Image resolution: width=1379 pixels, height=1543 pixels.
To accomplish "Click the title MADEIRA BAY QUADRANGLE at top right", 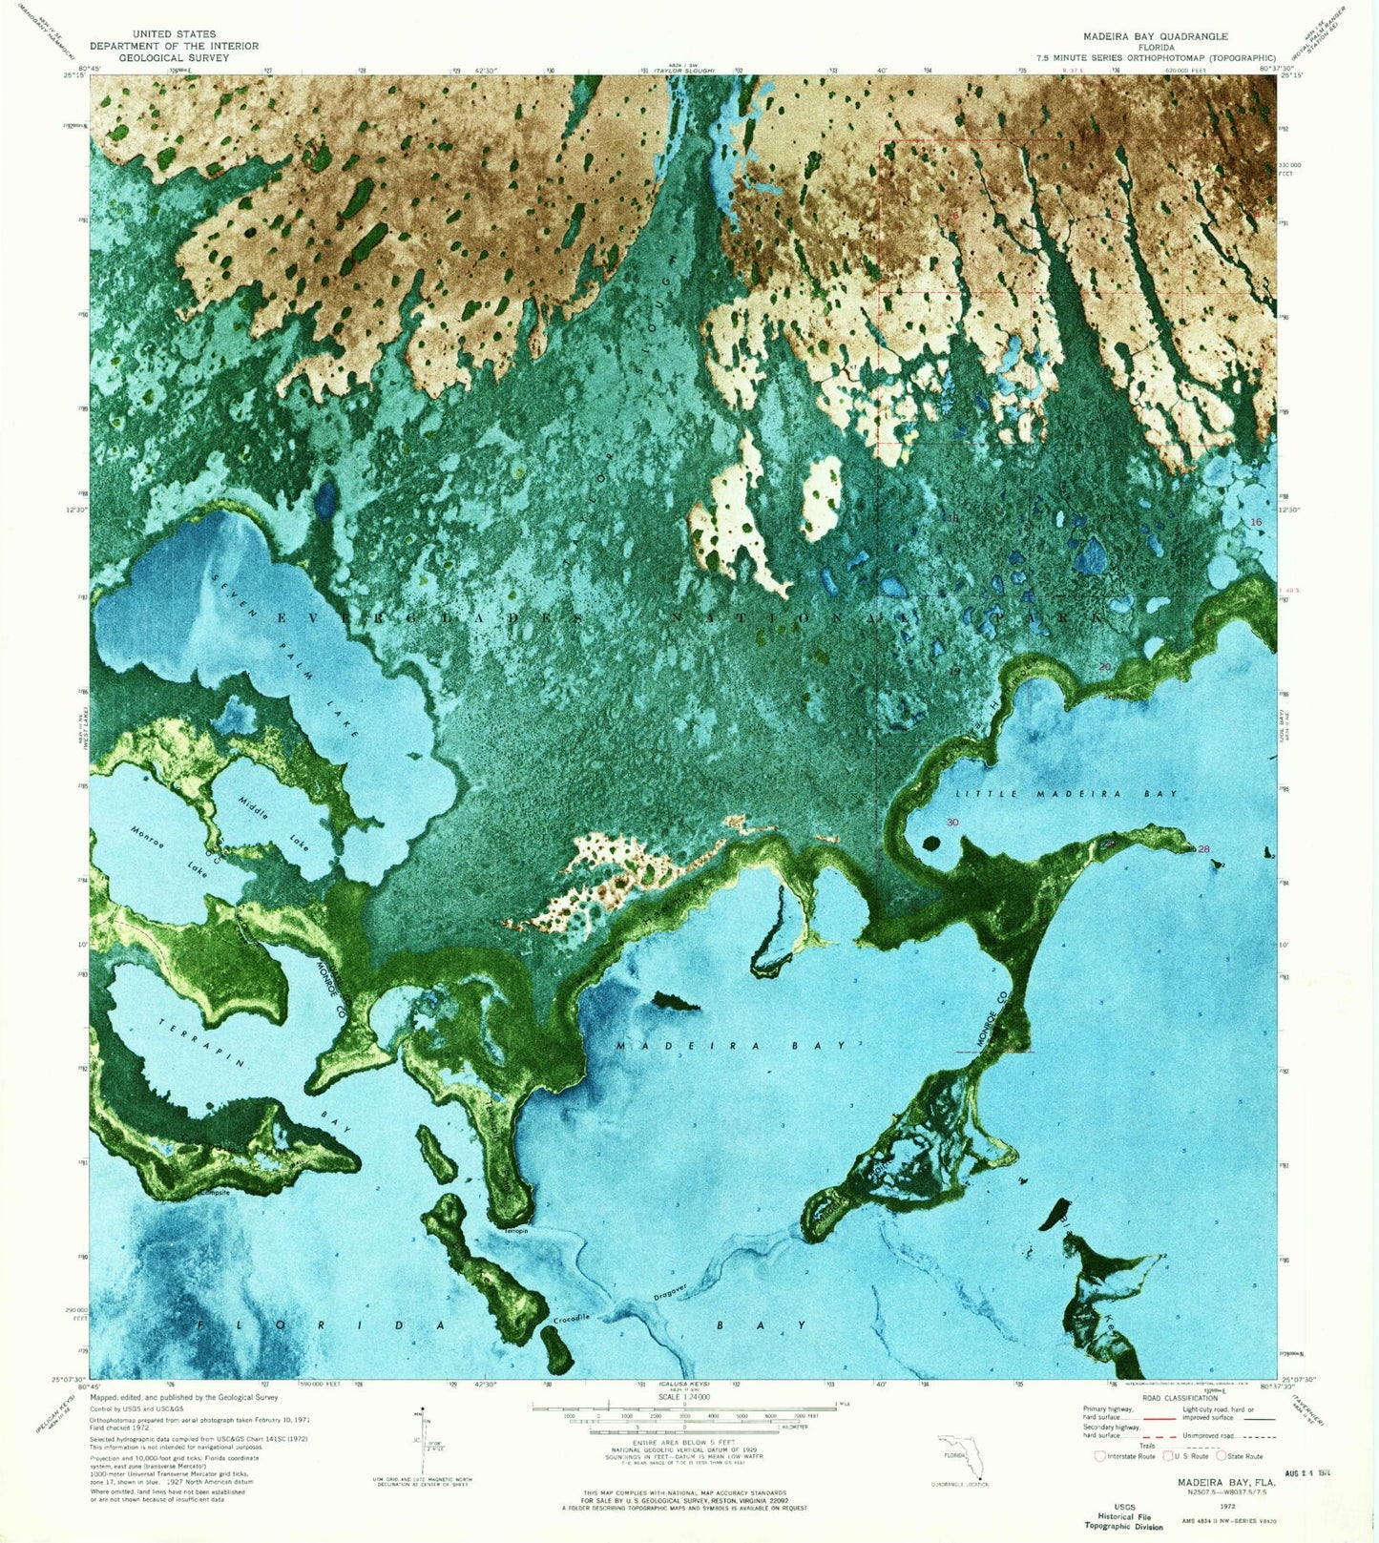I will (x=1155, y=36).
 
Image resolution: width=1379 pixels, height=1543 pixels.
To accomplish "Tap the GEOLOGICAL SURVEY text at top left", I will (x=174, y=57).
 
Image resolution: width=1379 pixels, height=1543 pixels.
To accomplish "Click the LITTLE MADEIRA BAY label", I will (x=1067, y=794).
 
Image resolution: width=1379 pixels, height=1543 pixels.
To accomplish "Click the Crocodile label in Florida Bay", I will (x=572, y=1319).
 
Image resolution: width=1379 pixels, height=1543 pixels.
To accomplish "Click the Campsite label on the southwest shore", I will (x=214, y=1192).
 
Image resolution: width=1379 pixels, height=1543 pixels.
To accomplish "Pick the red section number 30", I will (x=952, y=823).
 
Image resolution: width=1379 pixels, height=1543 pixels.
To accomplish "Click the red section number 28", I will (x=1203, y=849).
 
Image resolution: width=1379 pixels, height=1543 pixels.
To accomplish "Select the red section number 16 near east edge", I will (x=1256, y=522).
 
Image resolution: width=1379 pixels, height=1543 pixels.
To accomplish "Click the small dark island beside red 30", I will (x=930, y=844).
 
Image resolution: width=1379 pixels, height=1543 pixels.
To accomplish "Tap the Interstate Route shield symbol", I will (x=1100, y=1456).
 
